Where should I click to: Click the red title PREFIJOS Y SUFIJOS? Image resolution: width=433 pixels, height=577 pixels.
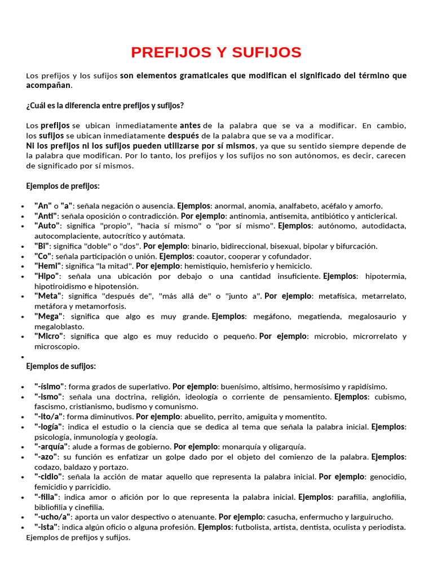(x=216, y=52)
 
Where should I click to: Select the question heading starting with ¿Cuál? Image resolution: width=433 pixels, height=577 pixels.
(x=105, y=105)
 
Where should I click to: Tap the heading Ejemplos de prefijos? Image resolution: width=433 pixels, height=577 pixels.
(x=63, y=186)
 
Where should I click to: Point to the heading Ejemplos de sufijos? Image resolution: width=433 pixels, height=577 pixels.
(x=61, y=366)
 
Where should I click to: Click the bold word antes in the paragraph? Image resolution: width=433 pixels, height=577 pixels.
(x=190, y=125)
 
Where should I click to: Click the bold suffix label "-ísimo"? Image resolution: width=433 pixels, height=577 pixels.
(x=50, y=387)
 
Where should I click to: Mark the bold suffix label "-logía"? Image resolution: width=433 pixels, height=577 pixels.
(x=48, y=427)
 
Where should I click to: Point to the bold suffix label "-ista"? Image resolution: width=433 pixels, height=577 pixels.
(x=46, y=527)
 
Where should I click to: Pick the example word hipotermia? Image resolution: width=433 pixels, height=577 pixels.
(x=386, y=276)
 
